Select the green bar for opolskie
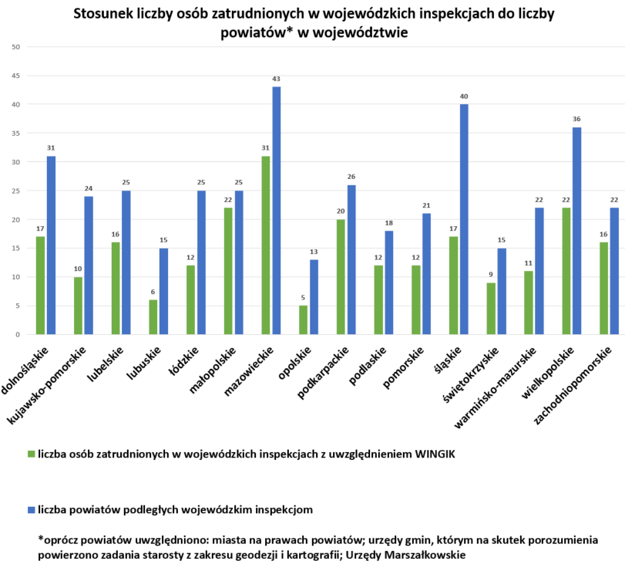tap(304, 320)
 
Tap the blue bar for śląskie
tap(464, 219)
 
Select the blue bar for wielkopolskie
tap(576, 231)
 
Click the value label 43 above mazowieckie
tap(276, 79)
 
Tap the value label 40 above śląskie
tap(464, 96)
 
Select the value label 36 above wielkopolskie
tap(576, 120)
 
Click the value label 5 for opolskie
tap(304, 298)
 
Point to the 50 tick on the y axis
tap(15, 47)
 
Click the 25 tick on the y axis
tap(15, 191)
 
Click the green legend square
tap(31, 454)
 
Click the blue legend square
tap(31, 510)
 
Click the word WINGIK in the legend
tap(427, 454)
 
